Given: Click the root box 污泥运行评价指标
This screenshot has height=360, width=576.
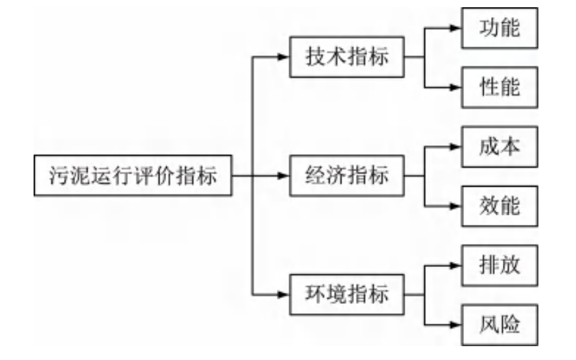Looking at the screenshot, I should point(132,176).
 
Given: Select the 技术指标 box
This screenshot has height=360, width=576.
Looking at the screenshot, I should point(347,57).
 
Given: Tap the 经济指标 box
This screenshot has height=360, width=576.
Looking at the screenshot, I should point(347,176).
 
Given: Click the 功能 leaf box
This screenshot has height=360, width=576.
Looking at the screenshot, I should point(500,28).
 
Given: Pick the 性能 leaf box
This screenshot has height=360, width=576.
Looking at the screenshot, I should point(500,87).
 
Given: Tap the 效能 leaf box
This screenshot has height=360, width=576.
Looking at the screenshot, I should point(500,205).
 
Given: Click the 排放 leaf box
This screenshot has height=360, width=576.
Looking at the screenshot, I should point(500,265).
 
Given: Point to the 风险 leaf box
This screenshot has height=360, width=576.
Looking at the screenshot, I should point(500,324).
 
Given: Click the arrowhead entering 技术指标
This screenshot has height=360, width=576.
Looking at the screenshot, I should point(283,57).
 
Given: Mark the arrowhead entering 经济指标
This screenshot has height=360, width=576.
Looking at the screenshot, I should point(283,176).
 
